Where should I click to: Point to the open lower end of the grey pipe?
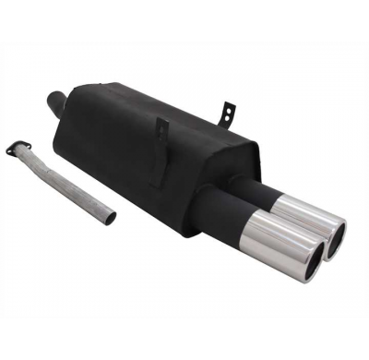111,219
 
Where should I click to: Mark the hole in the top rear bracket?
225,109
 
